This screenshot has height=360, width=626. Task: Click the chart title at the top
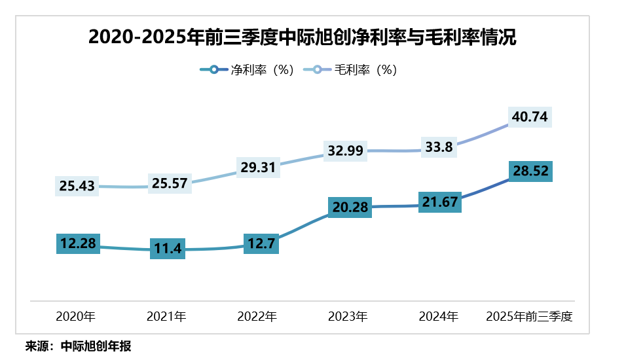coord(303,37)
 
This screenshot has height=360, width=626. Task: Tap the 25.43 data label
coord(77,187)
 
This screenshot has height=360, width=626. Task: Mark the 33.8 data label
coord(439,147)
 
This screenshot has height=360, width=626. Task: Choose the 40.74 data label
coord(531,117)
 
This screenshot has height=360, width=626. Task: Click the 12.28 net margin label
coord(78,244)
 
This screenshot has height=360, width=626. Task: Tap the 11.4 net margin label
coord(168,249)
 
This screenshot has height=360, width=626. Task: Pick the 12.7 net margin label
coord(261,244)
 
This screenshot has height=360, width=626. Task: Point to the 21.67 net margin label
coord(440,202)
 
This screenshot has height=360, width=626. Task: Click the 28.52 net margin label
coord(531,171)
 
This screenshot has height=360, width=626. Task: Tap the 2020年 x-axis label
coord(76,317)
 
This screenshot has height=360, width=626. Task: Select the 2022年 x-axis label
coord(257,317)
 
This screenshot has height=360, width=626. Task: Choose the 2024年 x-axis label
coord(438,317)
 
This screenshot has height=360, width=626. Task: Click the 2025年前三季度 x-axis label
coord(529,317)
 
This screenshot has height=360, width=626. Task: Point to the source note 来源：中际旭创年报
coord(79,346)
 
